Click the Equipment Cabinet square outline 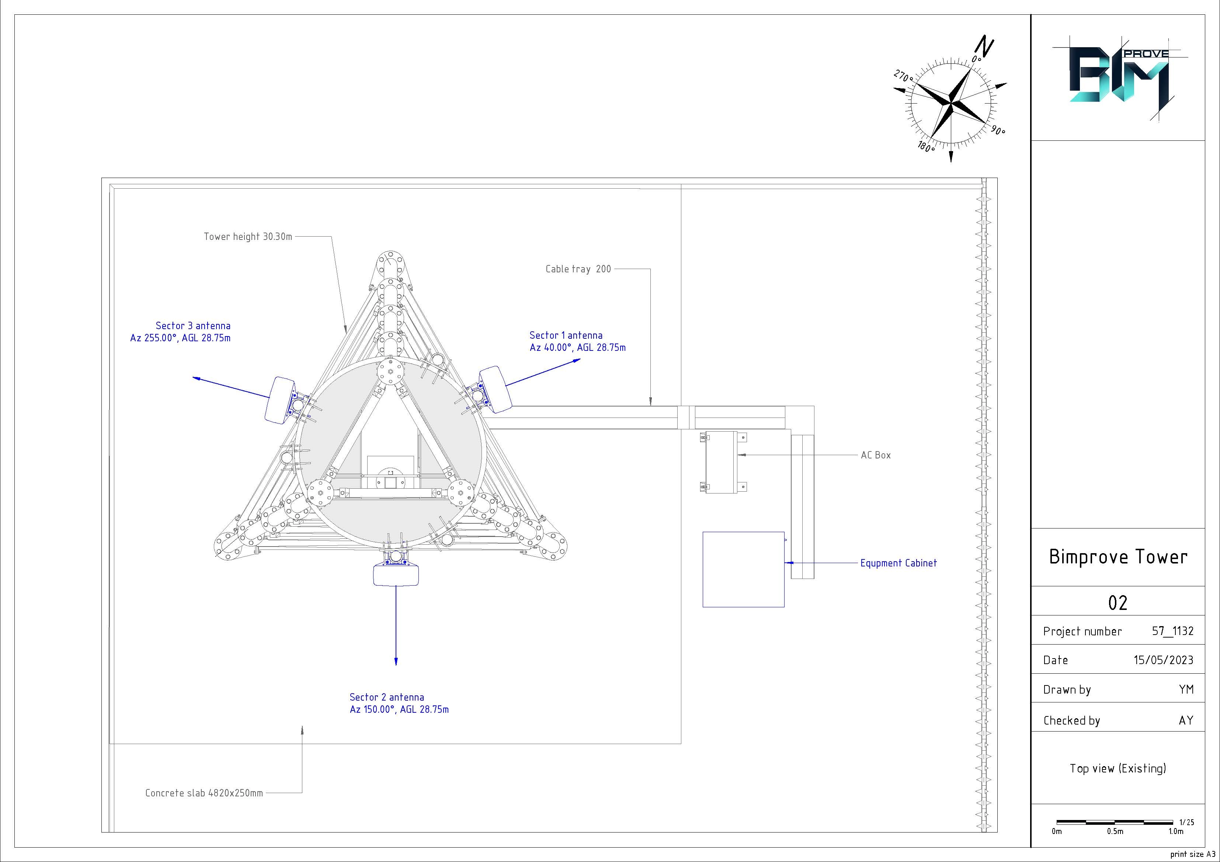point(743,569)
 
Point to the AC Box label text point(876,455)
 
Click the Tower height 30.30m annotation point(248,236)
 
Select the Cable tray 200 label point(578,269)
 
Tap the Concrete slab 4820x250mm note point(204,793)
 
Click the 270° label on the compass point(903,77)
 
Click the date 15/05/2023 point(1163,660)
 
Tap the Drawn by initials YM point(1186,690)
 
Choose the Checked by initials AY point(1186,720)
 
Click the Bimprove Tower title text point(1118,556)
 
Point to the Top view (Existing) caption point(1118,768)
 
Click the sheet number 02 point(1118,602)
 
